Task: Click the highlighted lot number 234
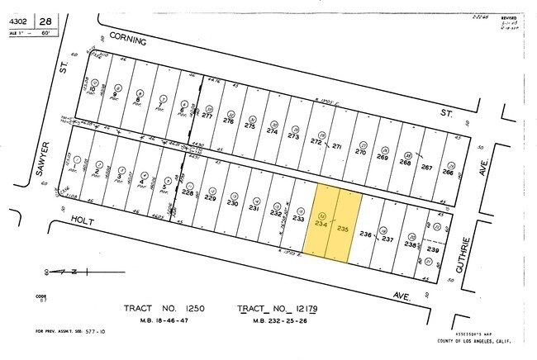coord(321,222)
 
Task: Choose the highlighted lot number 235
coord(345,229)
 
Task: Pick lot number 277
coord(207,116)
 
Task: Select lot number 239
coord(430,249)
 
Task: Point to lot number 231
coord(254,208)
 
